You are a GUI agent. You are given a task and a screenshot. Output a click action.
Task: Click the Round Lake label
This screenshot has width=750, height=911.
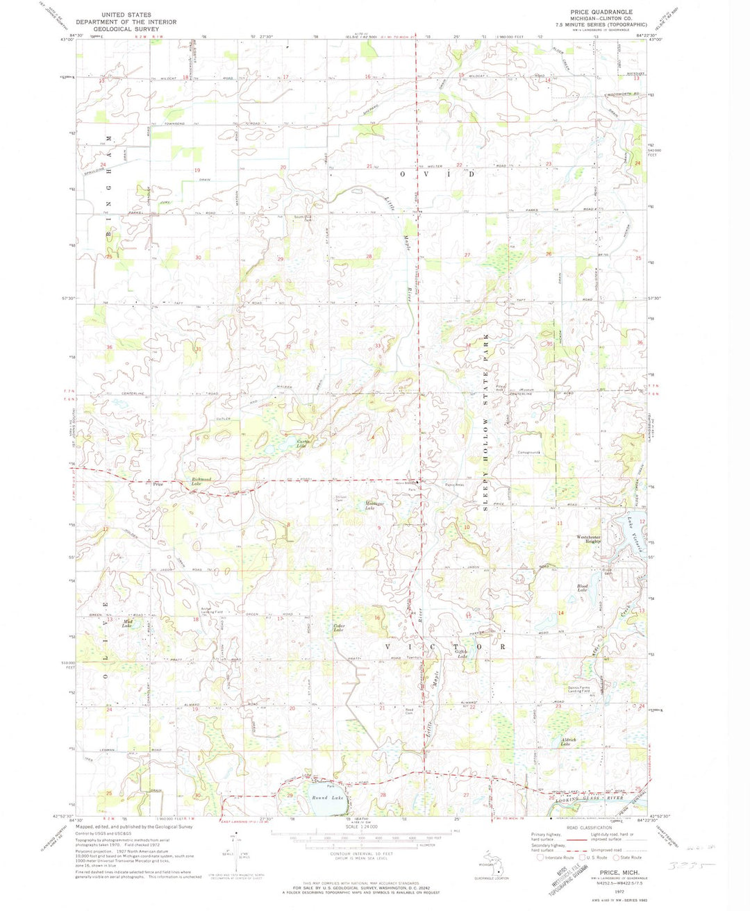(x=327, y=798)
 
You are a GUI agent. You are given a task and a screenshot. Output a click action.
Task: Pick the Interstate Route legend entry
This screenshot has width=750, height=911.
(x=557, y=858)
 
